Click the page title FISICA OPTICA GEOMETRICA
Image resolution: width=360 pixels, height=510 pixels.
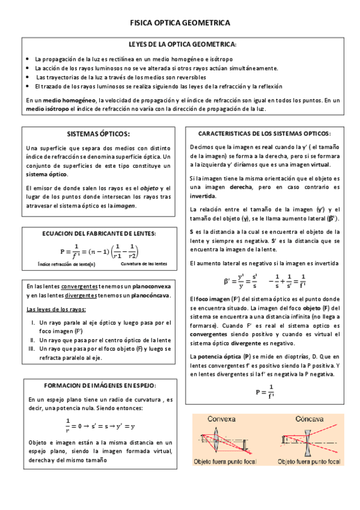coord(180,22)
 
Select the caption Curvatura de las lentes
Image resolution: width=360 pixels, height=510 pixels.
coord(144,264)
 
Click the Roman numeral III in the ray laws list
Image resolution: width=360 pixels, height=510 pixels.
coord(32,349)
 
